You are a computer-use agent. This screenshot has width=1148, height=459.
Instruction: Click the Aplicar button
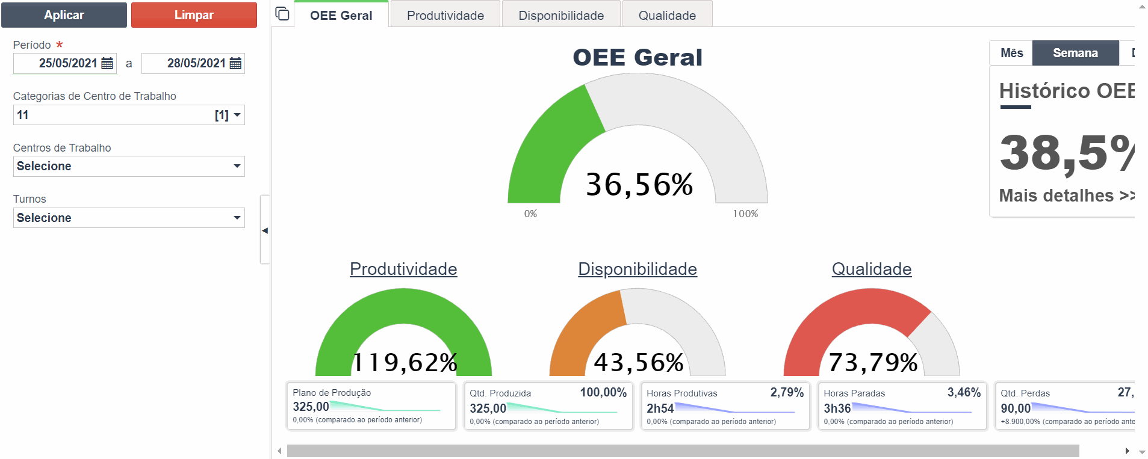(x=64, y=15)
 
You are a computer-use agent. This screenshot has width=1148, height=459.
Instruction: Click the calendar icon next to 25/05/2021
(x=107, y=63)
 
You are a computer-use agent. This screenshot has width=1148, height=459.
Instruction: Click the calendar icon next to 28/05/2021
(x=235, y=63)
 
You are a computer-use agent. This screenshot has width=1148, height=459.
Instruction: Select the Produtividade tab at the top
(x=445, y=16)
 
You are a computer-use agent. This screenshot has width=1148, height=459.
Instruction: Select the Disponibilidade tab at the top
(x=561, y=16)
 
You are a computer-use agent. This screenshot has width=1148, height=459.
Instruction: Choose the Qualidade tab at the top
(x=667, y=16)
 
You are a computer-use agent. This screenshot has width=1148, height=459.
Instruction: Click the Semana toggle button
(x=1075, y=53)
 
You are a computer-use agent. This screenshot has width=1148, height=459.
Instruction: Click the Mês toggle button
(x=1011, y=53)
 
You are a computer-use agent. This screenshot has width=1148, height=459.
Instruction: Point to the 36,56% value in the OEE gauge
(x=639, y=184)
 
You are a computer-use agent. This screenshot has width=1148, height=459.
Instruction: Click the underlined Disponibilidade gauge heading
(x=638, y=269)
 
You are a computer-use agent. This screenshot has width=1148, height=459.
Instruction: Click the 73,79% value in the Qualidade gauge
(x=873, y=362)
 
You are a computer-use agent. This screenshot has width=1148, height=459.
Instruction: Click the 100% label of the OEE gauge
(x=745, y=214)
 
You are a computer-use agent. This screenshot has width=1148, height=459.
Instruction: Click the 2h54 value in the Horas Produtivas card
(x=660, y=408)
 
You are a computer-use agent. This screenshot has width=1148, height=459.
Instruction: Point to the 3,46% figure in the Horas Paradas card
(x=964, y=392)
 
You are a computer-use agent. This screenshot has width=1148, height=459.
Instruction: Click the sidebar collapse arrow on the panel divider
(x=265, y=230)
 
